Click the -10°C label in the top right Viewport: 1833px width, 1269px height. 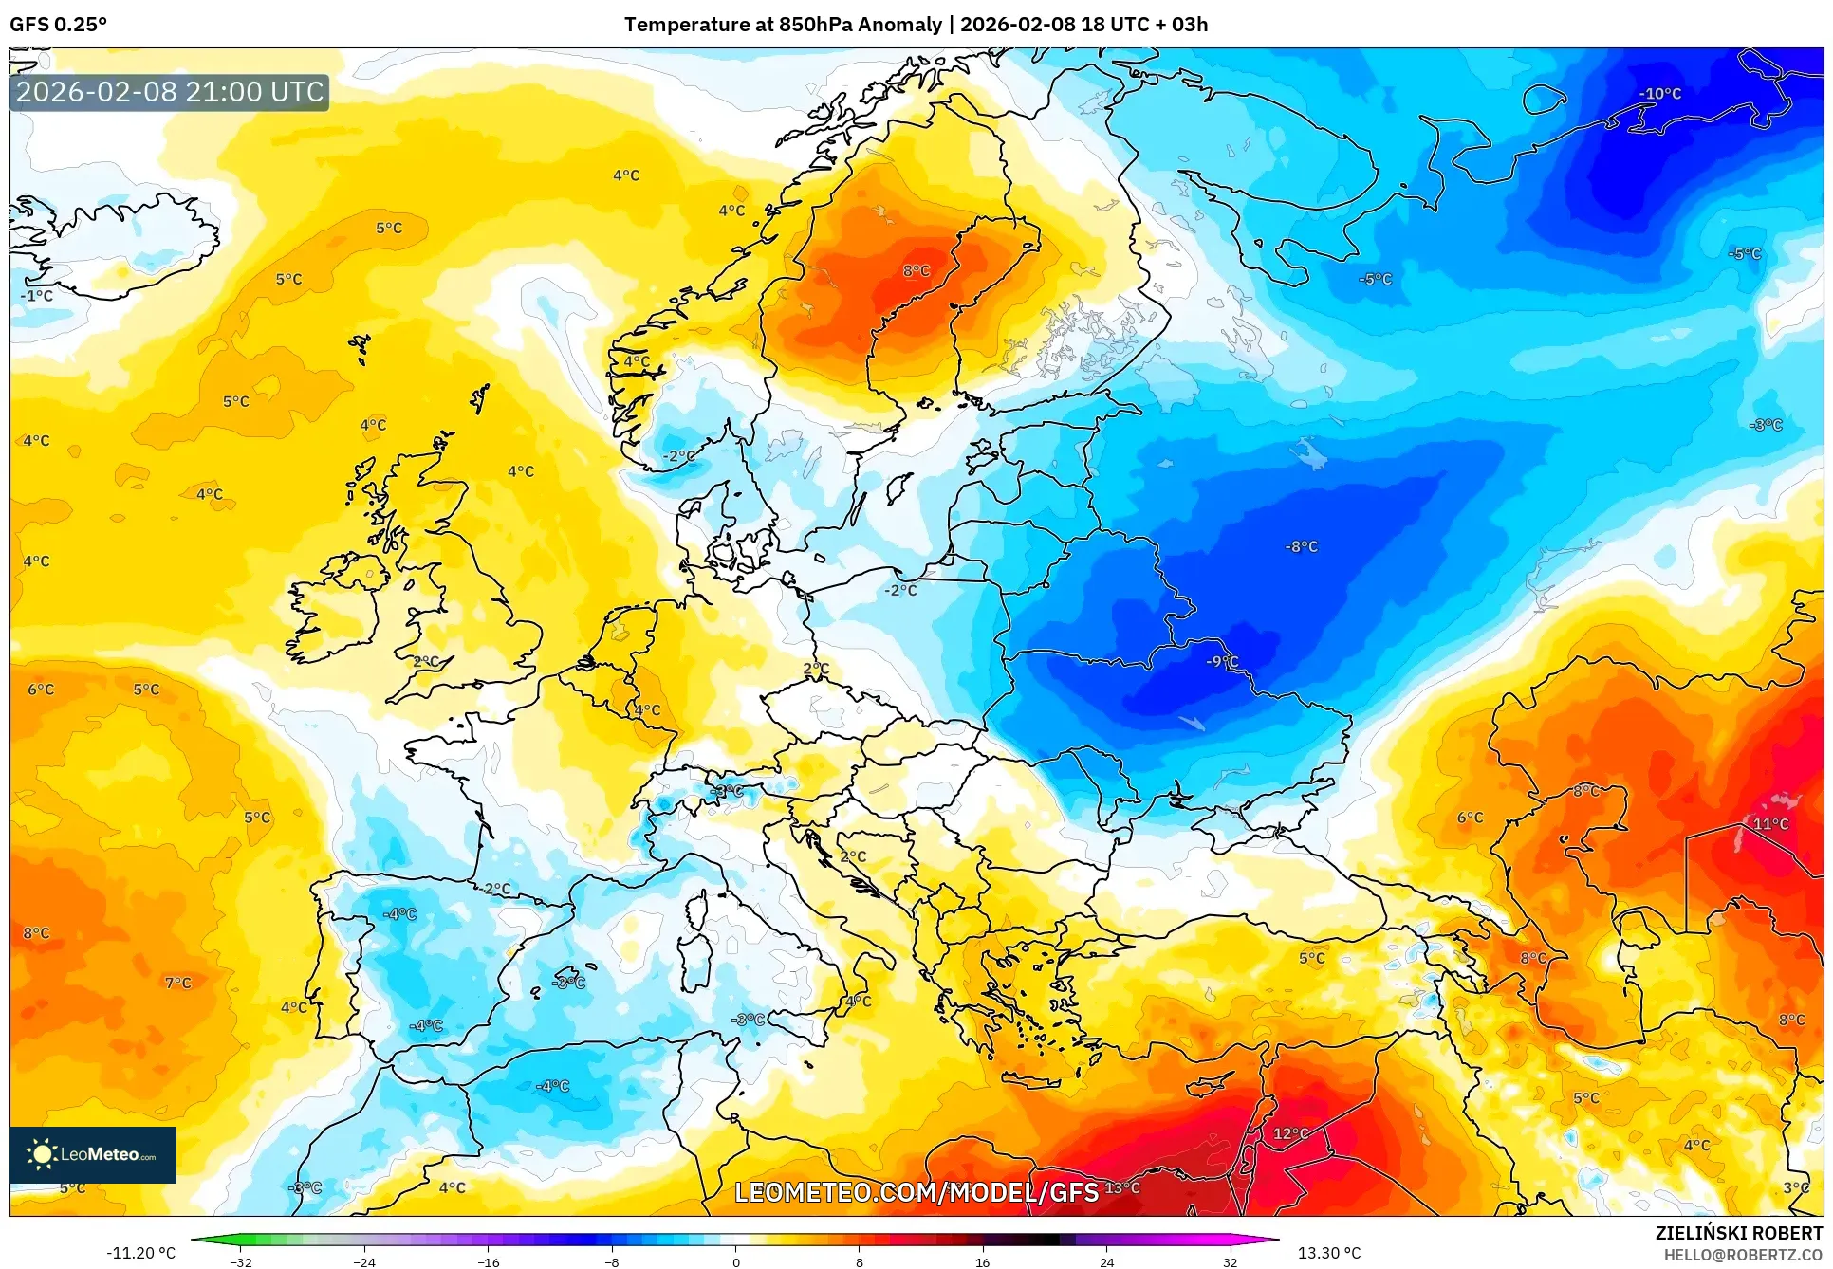click(1659, 94)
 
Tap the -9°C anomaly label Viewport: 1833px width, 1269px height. click(1222, 661)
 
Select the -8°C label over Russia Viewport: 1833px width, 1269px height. click(1301, 546)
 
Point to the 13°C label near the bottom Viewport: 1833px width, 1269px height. click(1122, 1187)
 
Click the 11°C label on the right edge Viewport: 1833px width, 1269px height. click(1770, 823)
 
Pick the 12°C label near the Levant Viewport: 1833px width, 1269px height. click(1290, 1133)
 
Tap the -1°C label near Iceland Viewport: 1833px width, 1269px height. click(37, 296)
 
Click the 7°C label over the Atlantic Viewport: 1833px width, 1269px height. click(177, 983)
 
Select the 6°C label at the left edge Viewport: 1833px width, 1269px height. click(41, 690)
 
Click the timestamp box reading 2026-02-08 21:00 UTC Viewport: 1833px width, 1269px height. click(170, 92)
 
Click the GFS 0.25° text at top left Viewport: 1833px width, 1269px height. click(58, 25)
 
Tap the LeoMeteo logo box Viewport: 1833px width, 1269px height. click(93, 1154)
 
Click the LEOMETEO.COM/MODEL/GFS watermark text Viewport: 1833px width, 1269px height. click(916, 1191)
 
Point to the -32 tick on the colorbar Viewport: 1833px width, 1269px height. click(241, 1261)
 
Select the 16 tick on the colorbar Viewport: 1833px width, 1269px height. click(982, 1261)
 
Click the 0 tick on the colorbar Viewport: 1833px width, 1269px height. click(735, 1261)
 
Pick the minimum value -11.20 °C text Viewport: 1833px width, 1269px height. click(140, 1253)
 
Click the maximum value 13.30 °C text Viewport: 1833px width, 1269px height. click(1329, 1253)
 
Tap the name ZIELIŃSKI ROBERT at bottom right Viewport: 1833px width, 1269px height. click(1738, 1233)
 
